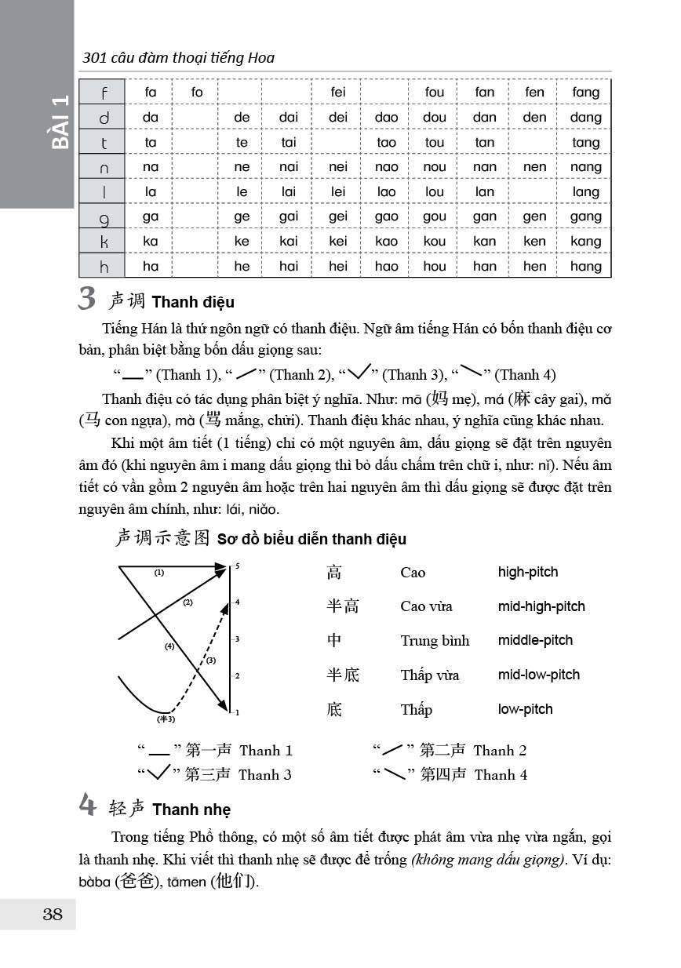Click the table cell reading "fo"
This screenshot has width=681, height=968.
click(x=197, y=93)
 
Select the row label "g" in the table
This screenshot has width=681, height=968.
click(x=104, y=217)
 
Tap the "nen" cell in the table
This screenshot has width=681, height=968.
click(x=534, y=167)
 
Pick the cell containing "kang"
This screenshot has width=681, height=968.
click(x=586, y=242)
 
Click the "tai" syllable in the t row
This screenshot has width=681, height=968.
click(x=289, y=143)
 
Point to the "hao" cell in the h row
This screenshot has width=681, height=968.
click(x=386, y=267)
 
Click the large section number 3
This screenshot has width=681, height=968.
click(x=88, y=299)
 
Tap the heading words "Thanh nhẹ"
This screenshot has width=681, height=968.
click(x=191, y=810)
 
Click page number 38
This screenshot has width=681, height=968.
click(x=53, y=914)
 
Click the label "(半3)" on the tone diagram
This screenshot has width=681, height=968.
click(x=166, y=719)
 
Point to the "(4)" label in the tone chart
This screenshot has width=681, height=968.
click(x=169, y=647)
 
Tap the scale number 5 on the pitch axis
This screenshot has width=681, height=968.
click(x=237, y=566)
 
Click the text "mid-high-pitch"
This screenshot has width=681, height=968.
click(x=541, y=606)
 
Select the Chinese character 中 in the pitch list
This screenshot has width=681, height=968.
click(x=335, y=640)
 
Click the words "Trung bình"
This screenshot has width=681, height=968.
click(x=435, y=641)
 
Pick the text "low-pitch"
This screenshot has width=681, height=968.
click(x=525, y=709)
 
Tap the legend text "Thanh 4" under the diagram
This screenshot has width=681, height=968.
click(x=501, y=775)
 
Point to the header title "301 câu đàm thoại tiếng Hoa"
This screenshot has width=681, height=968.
click(x=179, y=57)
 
